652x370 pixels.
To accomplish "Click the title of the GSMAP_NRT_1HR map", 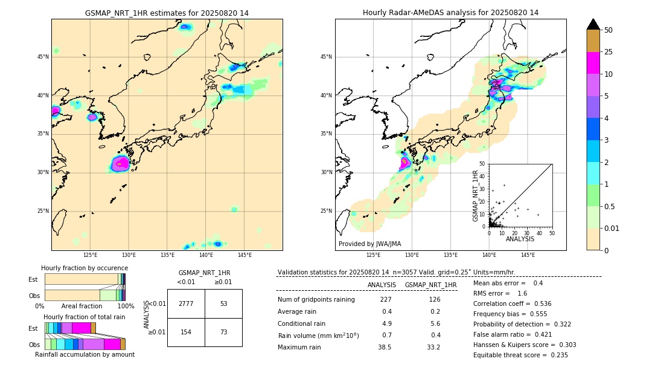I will point(167,13).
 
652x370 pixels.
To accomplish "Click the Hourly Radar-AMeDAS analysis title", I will point(450,13).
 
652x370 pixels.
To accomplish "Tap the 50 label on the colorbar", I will point(609,30).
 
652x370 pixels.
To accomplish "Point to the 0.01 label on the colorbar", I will point(612,228).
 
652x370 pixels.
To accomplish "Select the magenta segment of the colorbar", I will point(593,63).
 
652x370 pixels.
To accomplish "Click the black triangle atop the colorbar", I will point(593,24).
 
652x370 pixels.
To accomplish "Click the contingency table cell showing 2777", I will point(186,303).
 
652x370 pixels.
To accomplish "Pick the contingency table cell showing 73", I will point(223,333).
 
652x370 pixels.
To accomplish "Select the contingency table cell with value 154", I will point(186,333).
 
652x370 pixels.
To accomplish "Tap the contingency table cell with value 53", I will point(223,303).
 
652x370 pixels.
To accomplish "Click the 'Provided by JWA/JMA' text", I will point(369,244).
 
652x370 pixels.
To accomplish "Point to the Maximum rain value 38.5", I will point(385,347).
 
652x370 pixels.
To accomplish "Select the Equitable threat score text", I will point(520,355).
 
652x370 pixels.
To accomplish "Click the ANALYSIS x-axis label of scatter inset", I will point(520,239).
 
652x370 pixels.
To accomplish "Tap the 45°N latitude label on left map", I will point(43,57).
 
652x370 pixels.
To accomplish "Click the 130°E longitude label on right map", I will point(412,255).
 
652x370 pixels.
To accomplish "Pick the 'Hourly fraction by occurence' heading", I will point(85,268).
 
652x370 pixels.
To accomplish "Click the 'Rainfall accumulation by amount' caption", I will point(85,354).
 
